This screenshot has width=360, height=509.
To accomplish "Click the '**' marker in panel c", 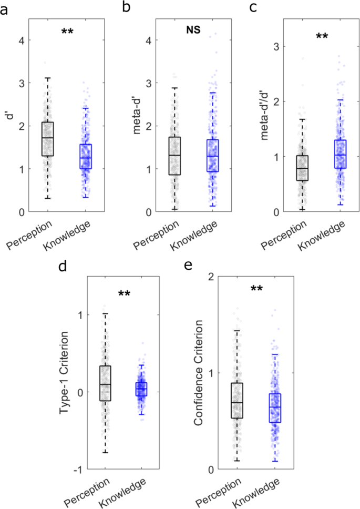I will [321, 37].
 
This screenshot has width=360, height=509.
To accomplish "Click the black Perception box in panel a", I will [48, 139].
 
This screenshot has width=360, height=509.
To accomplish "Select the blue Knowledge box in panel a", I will [86, 156].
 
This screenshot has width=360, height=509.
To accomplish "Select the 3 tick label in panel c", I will [275, 46].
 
